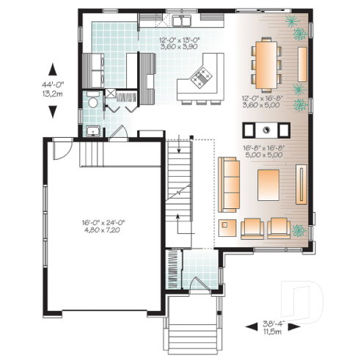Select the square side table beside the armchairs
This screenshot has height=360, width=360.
[x=228, y=227]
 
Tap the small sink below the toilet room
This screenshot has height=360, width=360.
[x=93, y=131]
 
